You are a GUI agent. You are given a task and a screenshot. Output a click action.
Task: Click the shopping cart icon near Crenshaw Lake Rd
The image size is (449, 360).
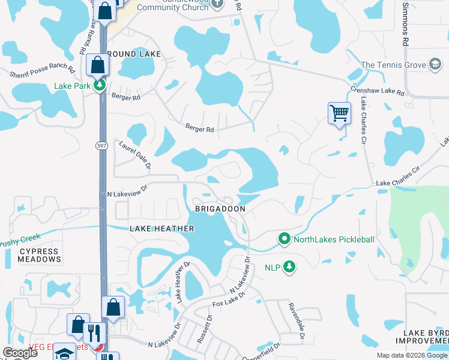click(339, 113)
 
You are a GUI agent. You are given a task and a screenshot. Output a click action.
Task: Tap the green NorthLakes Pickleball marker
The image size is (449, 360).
click(285, 239)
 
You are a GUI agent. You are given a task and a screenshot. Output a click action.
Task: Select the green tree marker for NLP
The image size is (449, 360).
click(289, 266)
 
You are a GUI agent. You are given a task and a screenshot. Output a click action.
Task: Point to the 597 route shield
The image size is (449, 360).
click(101, 145)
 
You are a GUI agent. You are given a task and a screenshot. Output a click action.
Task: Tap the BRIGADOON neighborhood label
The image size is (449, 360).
click(220, 208)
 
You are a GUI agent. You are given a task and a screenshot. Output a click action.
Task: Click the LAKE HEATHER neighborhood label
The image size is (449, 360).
click(162, 229)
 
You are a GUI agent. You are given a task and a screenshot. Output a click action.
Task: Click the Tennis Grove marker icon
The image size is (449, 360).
click(435, 65)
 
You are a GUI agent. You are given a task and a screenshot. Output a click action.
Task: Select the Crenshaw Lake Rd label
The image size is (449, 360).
click(378, 91)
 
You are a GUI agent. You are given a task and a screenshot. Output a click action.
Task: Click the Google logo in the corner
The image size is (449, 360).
click(20, 353)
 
